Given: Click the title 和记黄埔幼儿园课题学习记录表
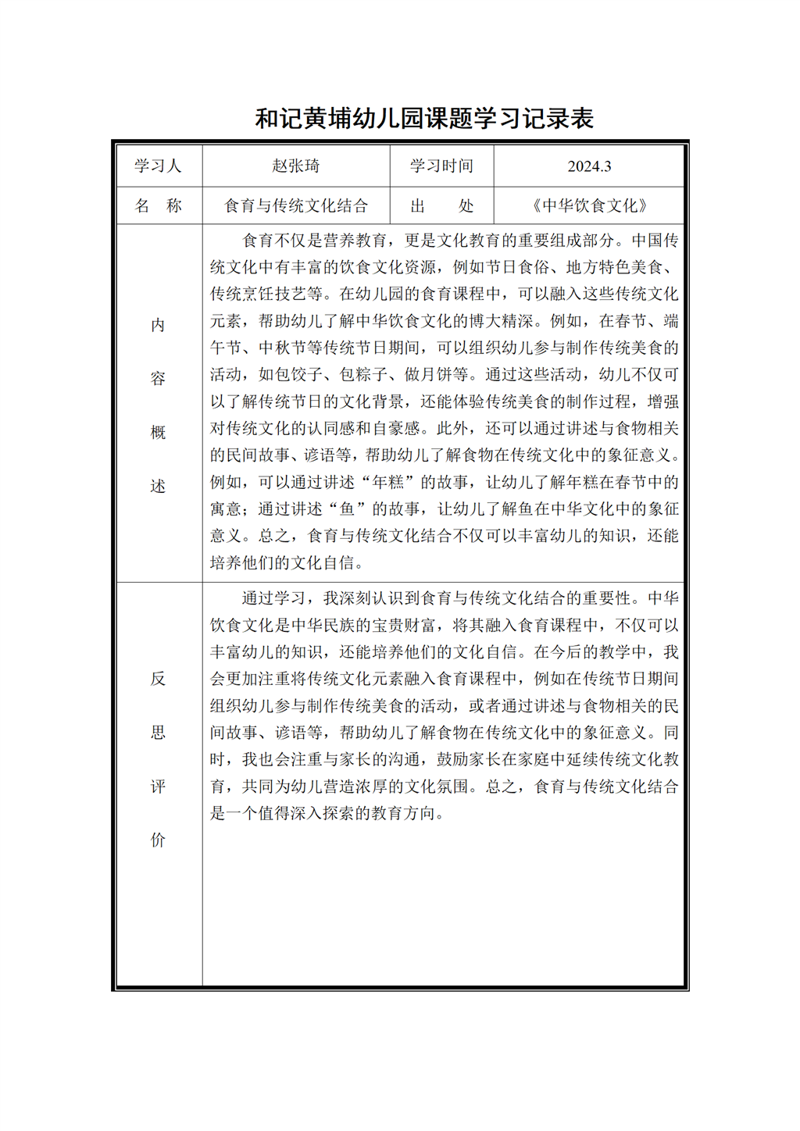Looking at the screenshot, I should coord(424,119).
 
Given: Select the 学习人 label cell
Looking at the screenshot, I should coord(158,166).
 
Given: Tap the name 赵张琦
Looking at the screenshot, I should coord(296,166).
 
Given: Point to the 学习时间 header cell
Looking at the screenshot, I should coord(441,166).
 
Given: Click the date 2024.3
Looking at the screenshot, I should coord(589,166).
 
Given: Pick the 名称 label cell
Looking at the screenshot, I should coord(158,205).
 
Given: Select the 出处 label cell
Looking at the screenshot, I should coord(441,205).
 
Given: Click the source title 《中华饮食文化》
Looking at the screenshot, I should coord(589,205).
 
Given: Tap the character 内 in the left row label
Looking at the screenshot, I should coord(158,325).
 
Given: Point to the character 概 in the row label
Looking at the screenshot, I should coord(158,433).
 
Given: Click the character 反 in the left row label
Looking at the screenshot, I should coord(158,679).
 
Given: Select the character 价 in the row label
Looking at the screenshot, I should coord(158,840).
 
